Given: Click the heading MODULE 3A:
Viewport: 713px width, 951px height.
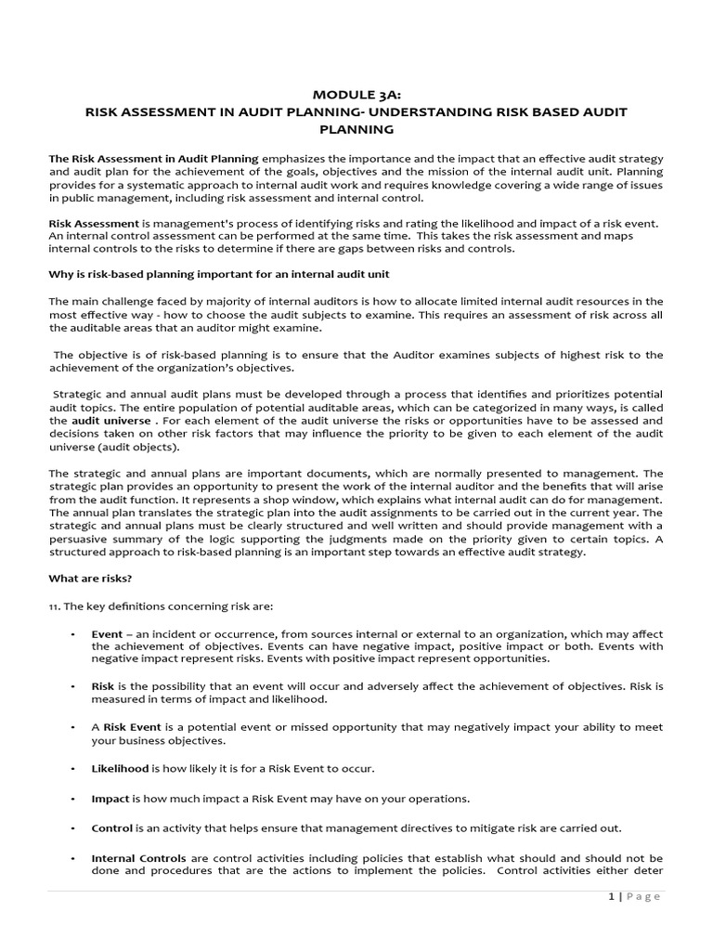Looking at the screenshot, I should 356,94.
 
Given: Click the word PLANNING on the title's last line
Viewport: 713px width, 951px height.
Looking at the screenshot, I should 356,130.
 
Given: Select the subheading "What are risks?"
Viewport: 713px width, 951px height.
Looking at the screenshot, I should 90,579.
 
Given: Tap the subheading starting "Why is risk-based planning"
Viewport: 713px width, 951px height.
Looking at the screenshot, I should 219,274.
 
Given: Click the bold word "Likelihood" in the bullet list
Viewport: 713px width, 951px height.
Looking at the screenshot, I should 120,769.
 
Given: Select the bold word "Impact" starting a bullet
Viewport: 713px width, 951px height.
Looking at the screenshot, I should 110,799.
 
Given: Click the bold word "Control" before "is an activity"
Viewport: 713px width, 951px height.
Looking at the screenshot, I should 112,827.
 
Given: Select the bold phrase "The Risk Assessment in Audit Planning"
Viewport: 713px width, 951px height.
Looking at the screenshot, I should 153,159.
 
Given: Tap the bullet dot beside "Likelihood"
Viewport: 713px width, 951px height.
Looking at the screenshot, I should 72,770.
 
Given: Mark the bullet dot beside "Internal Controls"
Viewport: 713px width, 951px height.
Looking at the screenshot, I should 72,858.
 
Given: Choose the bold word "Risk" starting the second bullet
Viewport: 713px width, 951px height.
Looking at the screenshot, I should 102,685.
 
